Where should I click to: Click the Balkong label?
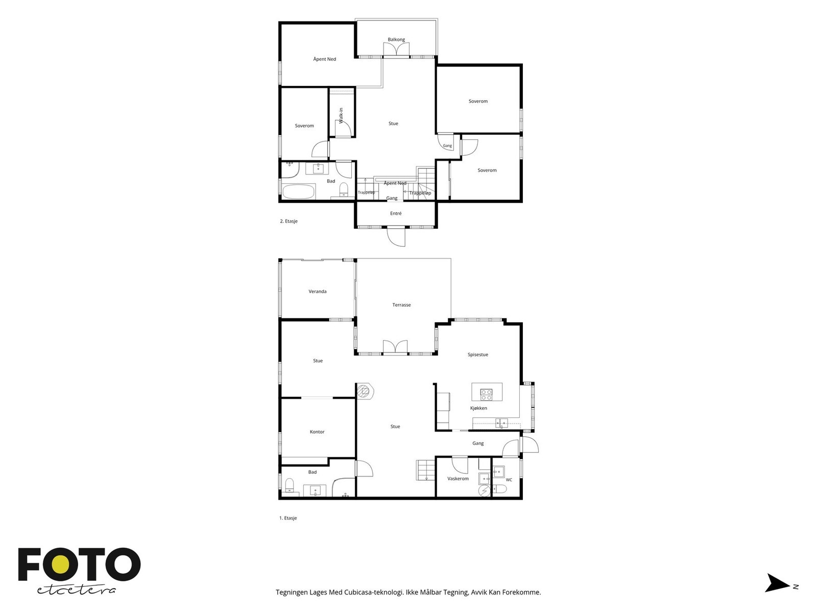396,39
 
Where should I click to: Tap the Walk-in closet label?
341,115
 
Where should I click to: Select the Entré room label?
396,213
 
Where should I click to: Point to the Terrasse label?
401,305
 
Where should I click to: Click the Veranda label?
317,291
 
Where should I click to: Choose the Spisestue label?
477,355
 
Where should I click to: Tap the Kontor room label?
317,432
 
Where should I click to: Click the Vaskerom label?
458,479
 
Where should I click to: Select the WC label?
509,480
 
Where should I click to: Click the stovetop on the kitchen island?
486,394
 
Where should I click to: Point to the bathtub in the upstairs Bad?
299,192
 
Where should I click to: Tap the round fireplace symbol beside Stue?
364,391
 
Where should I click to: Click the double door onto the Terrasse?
395,347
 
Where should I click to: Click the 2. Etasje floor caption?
289,221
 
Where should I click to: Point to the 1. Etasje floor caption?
288,518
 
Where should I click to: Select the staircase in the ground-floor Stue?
425,470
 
